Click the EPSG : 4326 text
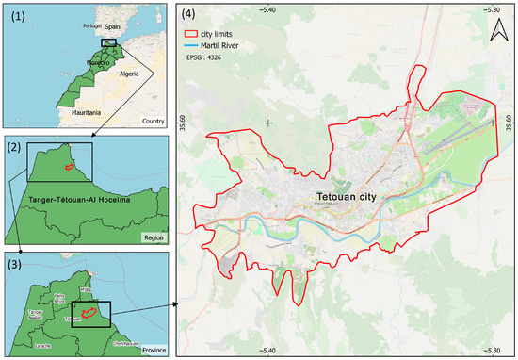pyautogui.click(x=207, y=57)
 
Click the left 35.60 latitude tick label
pyautogui.click(x=184, y=123)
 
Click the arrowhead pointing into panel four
pyautogui.click(x=173, y=305)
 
